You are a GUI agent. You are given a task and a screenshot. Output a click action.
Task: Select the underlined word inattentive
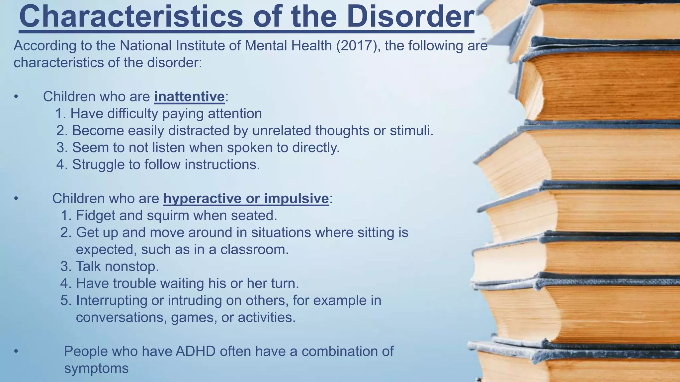point(189,96)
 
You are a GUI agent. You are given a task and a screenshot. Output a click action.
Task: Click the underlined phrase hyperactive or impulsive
point(246,198)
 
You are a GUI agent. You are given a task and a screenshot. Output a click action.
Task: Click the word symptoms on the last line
point(96,368)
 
